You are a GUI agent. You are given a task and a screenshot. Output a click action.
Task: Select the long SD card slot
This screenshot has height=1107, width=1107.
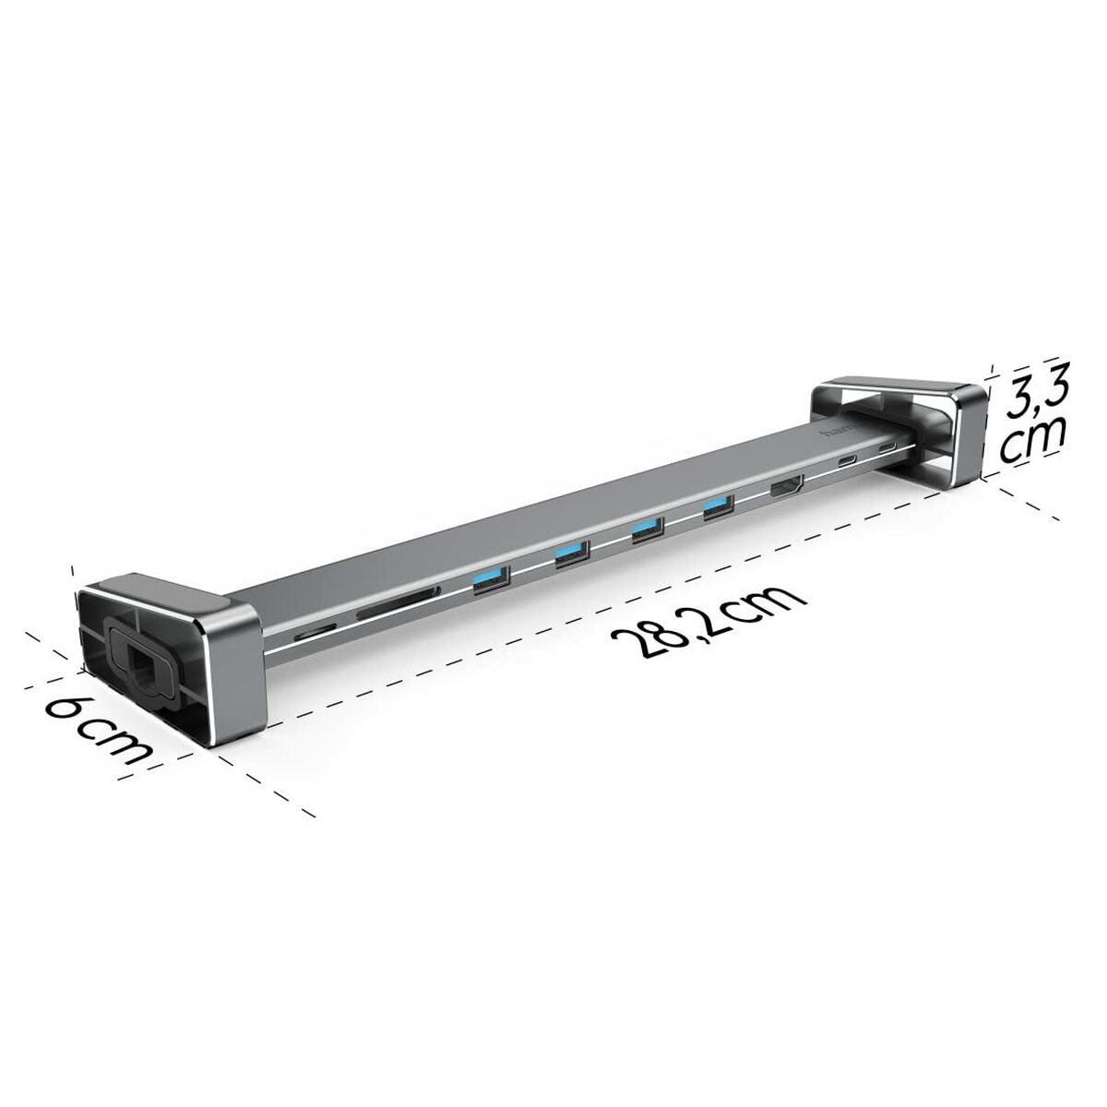388,609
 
